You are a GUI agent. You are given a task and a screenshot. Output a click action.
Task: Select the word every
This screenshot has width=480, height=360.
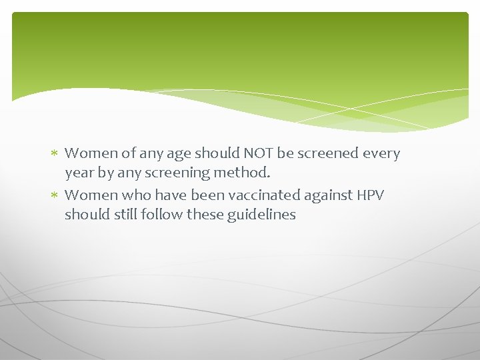pyautogui.click(x=381, y=153)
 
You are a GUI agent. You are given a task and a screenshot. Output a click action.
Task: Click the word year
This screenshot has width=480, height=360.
pyautogui.click(x=78, y=173)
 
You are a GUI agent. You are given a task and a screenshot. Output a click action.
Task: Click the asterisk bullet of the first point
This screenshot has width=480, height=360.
pyautogui.click(x=55, y=153)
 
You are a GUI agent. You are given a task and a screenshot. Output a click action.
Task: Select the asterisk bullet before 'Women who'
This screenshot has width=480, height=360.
pyautogui.click(x=55, y=195)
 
